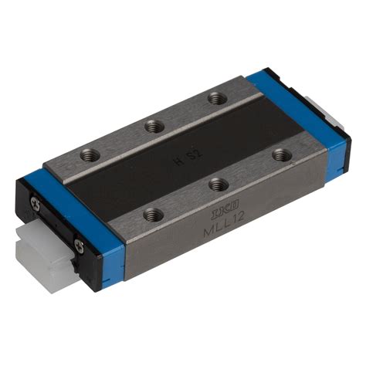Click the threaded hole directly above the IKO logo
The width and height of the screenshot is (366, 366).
click(219, 184)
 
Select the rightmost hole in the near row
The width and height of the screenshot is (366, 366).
click(283, 155)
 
